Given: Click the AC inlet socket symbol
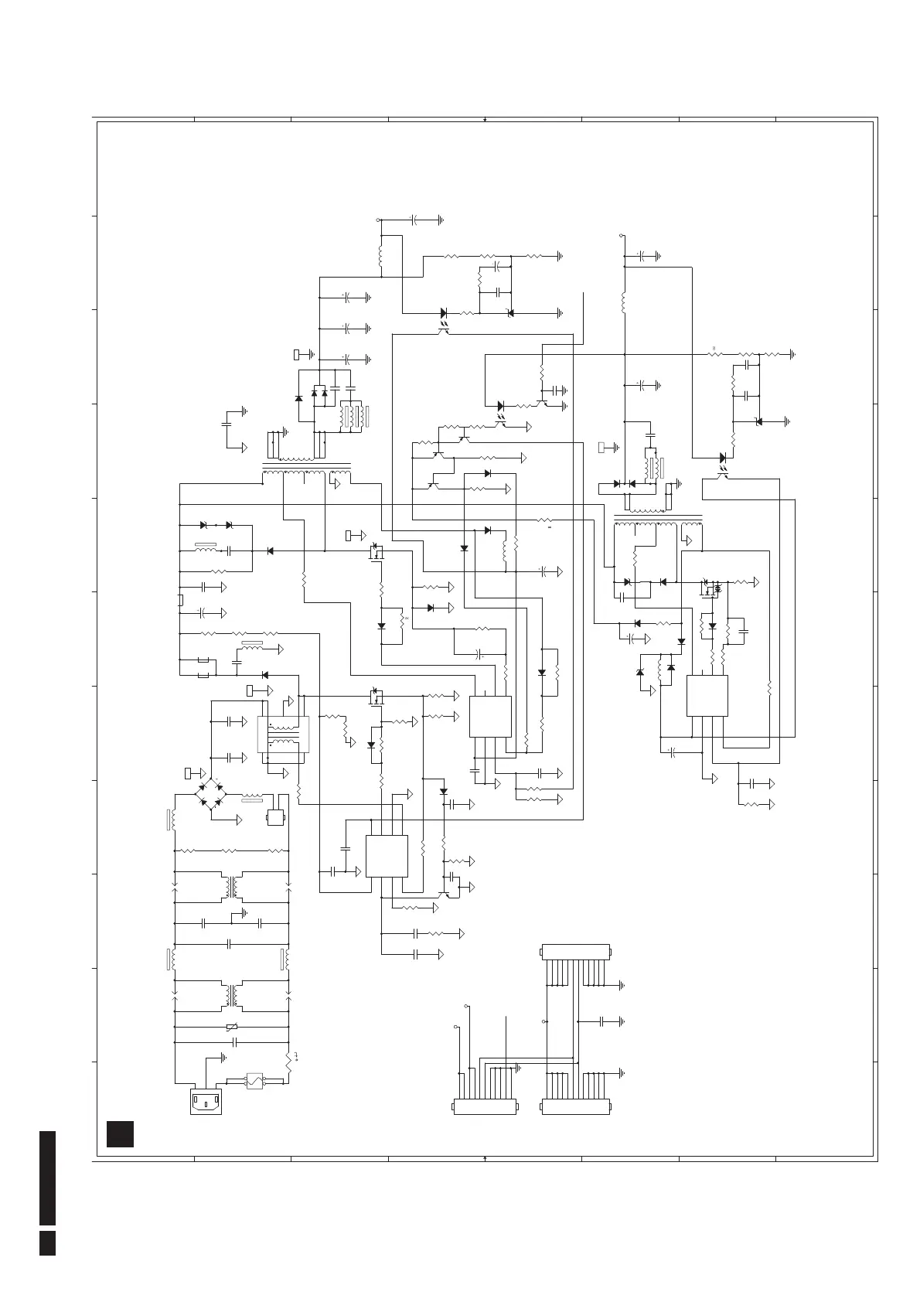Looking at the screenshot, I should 205,1100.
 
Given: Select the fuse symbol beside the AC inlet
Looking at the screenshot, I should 255,1080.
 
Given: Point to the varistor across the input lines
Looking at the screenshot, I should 231,1027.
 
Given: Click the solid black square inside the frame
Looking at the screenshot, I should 121,1133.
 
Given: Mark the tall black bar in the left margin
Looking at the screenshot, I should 47,1178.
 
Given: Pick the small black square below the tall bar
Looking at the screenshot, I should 47,1242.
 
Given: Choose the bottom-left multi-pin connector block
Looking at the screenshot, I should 485,1108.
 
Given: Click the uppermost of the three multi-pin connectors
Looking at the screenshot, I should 577,951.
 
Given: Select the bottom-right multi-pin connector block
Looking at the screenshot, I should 577,1108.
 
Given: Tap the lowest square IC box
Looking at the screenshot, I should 387,856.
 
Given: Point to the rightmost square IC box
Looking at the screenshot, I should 707,695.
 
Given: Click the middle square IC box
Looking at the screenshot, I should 490,716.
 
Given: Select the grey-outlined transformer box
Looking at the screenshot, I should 283,734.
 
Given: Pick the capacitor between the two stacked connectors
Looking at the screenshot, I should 601,1021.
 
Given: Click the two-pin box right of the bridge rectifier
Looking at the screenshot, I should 275,818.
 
